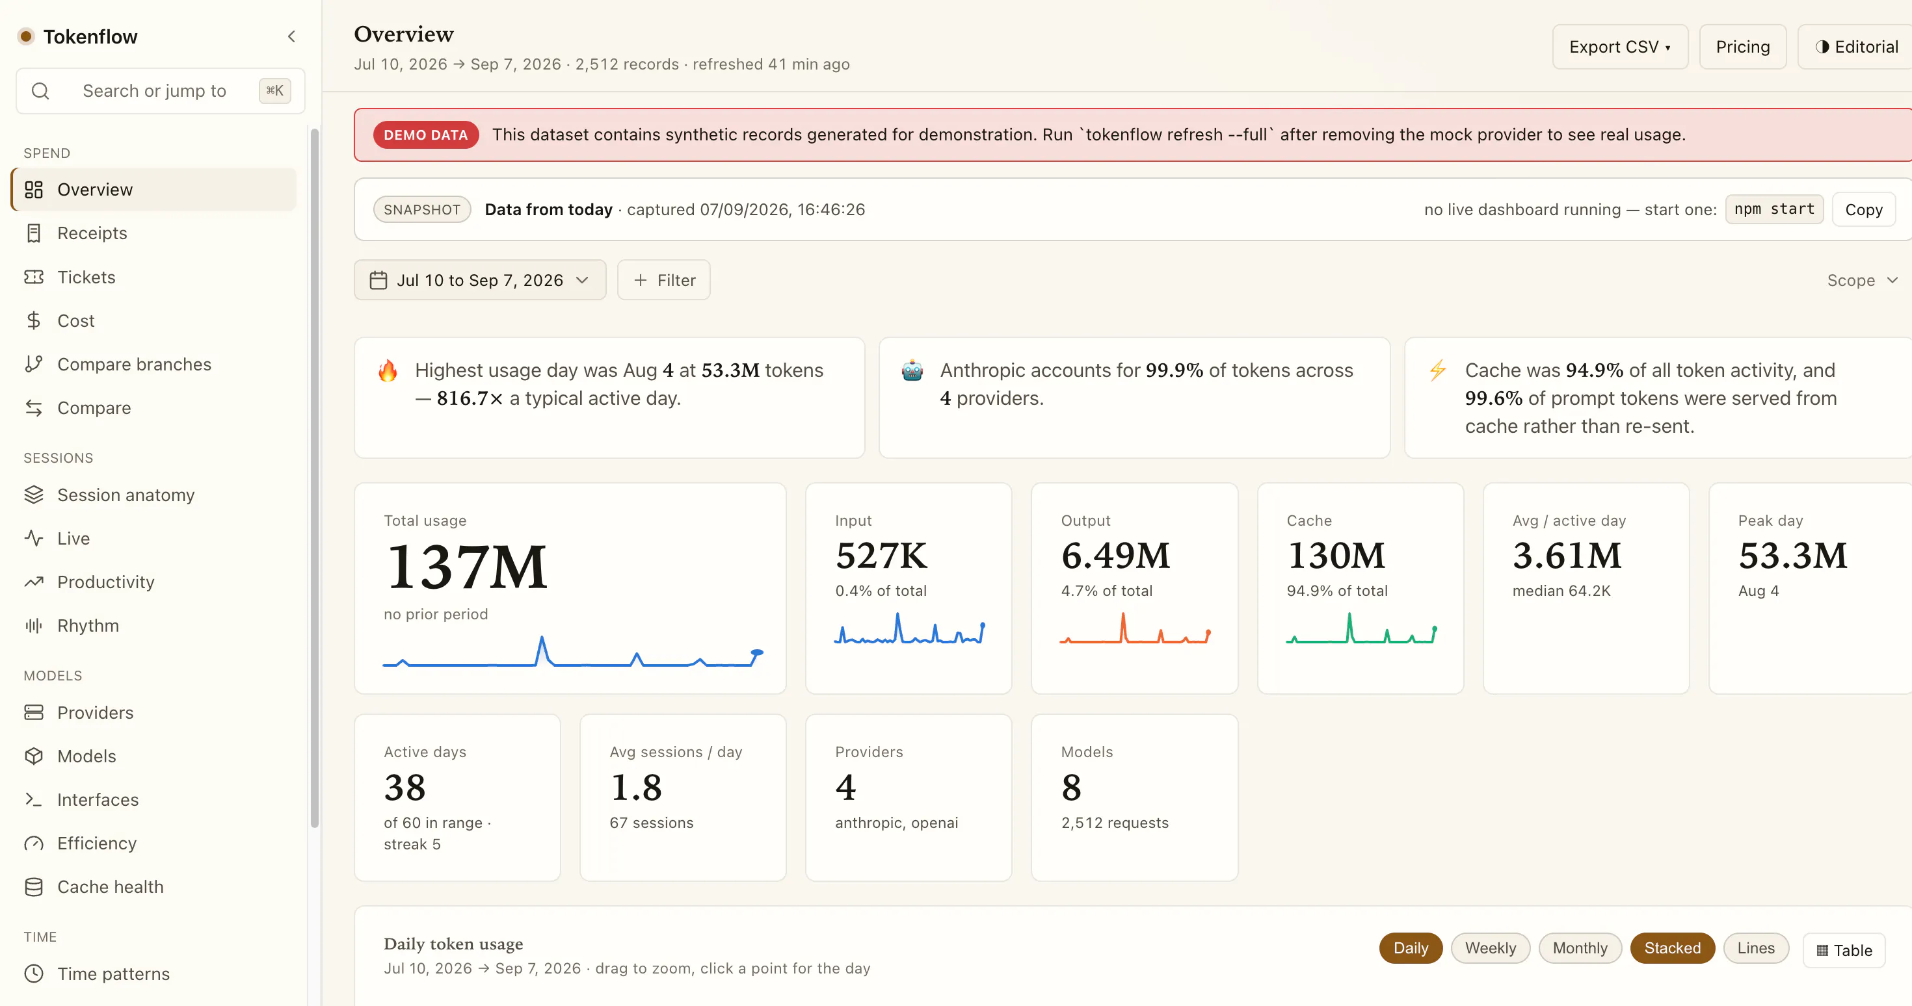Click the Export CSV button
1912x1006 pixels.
tap(1619, 47)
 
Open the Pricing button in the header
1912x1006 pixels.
tap(1742, 47)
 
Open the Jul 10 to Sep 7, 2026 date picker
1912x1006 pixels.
tap(479, 279)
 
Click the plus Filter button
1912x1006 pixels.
tap(663, 279)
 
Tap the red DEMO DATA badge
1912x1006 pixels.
tap(425, 135)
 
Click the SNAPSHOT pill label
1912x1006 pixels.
tap(421, 209)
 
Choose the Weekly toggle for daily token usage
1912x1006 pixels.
tap(1491, 948)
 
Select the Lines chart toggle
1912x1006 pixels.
tap(1755, 948)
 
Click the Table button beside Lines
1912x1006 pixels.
tap(1844, 950)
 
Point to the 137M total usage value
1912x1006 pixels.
tap(466, 567)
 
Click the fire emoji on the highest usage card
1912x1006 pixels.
tap(388, 370)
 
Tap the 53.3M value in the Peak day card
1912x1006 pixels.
tap(1792, 556)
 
